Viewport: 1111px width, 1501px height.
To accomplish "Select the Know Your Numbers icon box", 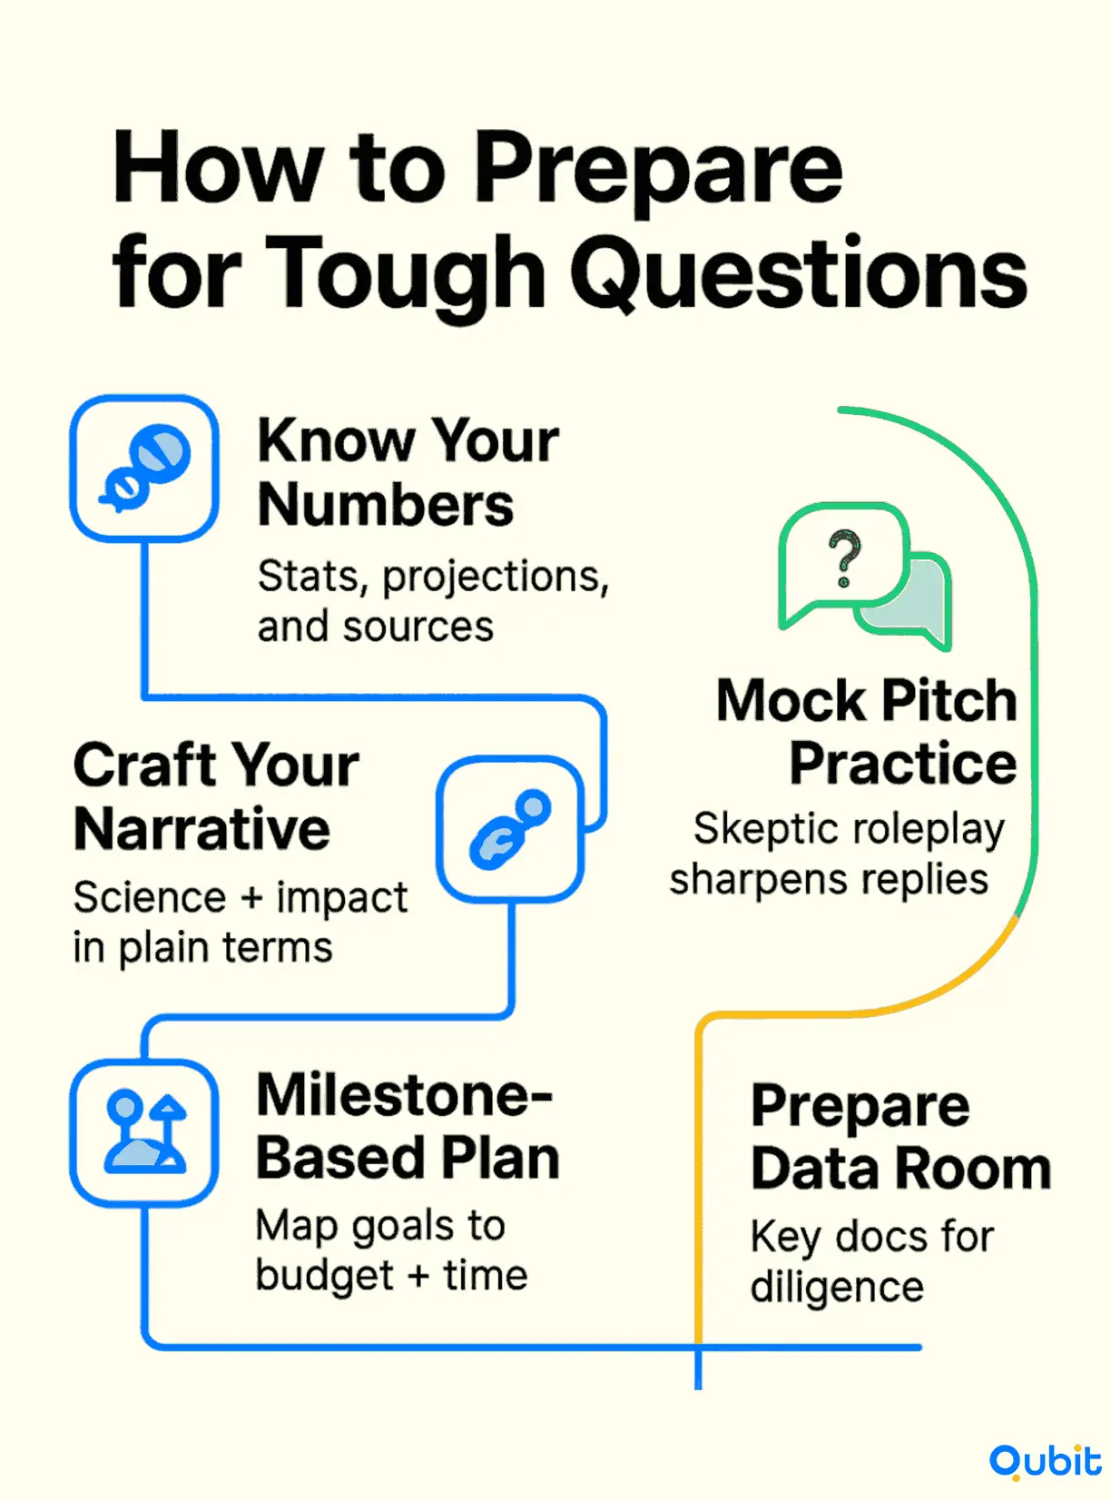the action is [144, 469].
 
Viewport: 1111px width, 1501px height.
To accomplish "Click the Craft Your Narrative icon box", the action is [510, 829].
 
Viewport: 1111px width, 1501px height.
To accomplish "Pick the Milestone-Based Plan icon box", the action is [144, 1133].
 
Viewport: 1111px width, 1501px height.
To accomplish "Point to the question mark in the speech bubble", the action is [844, 558].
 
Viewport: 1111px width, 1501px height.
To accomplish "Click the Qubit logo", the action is [1046, 1463].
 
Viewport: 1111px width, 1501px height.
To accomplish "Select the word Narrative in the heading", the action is [202, 830].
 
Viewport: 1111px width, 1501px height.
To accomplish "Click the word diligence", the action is [837, 1287].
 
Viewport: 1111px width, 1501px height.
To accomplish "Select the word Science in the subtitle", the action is [150, 897].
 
